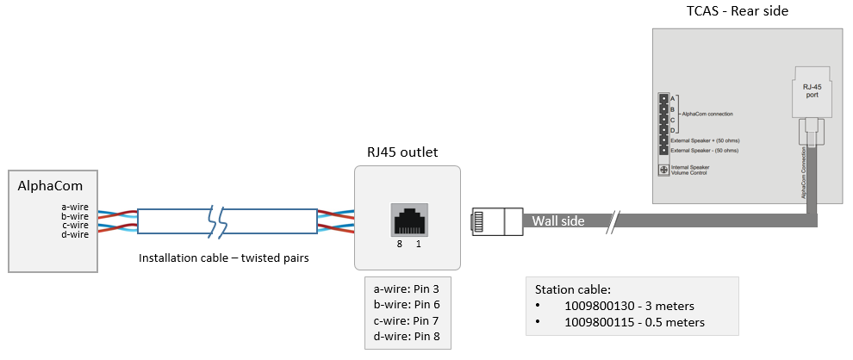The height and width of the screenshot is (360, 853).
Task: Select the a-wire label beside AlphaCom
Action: (75, 207)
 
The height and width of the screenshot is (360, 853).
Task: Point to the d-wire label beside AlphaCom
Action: (75, 234)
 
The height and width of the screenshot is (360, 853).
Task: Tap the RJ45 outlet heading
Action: (402, 152)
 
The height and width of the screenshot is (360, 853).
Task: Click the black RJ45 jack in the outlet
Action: (408, 220)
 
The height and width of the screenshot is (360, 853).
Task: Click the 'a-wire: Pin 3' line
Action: (407, 290)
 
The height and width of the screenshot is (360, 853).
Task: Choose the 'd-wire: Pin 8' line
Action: (407, 336)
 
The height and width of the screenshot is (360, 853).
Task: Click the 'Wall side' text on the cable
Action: (557, 221)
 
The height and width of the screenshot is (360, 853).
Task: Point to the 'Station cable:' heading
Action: (573, 289)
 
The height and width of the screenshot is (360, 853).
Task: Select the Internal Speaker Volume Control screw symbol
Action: (663, 170)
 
